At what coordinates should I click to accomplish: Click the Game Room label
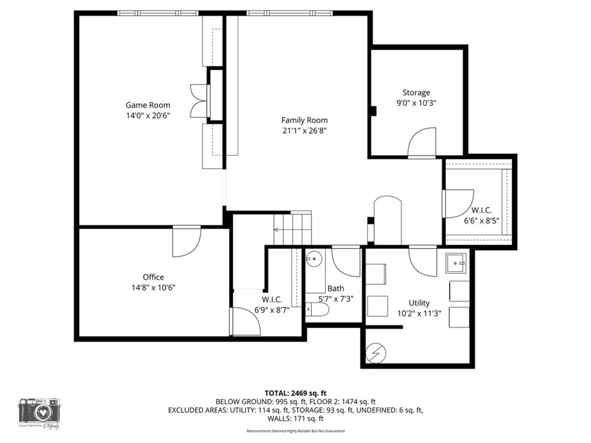click(x=148, y=105)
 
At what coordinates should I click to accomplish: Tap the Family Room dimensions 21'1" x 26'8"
click(x=304, y=131)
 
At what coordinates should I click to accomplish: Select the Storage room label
click(x=416, y=93)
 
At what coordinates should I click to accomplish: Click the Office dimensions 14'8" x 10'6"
click(x=153, y=287)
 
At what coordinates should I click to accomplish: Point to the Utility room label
click(x=419, y=303)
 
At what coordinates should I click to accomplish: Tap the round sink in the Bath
click(x=314, y=259)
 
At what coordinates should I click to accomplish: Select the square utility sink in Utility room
click(x=456, y=263)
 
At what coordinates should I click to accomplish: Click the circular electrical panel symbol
click(x=376, y=353)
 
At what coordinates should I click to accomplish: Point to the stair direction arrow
click(x=277, y=229)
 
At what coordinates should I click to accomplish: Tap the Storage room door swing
click(x=422, y=143)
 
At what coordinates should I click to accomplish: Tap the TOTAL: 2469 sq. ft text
click(x=295, y=393)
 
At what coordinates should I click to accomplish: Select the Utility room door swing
click(x=423, y=261)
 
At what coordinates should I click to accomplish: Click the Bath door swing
click(x=346, y=262)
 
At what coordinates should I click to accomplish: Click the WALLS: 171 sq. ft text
click(x=295, y=418)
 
